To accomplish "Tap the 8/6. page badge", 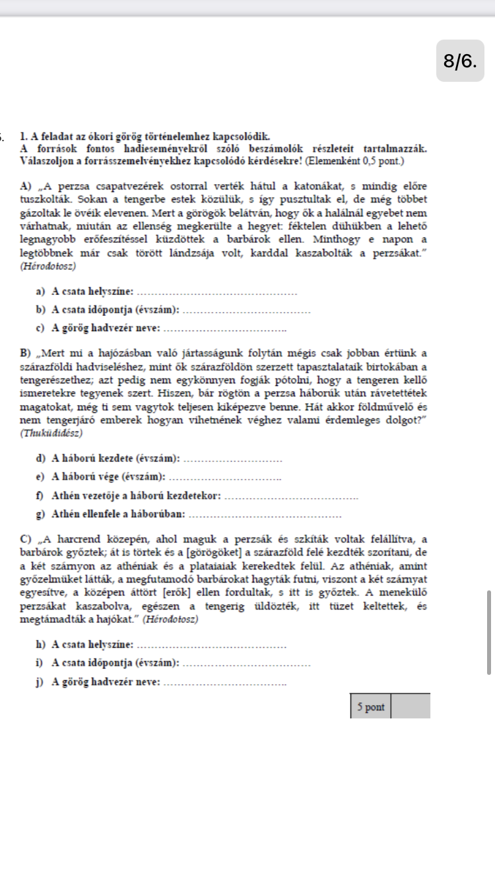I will [x=460, y=61].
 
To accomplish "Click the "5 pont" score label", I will [x=370, y=707].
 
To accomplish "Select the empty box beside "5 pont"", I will [x=411, y=707].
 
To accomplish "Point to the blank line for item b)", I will [x=245, y=311].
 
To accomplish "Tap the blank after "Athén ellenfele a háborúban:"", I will [x=270, y=514].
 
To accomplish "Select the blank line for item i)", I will [x=245, y=663].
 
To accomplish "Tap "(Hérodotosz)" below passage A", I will [x=48, y=267].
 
